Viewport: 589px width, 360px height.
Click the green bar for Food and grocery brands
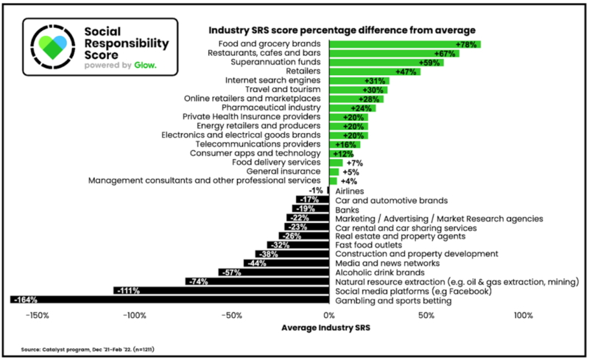click(404, 45)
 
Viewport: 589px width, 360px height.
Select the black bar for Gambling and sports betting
click(169, 300)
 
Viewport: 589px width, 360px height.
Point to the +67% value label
click(445, 54)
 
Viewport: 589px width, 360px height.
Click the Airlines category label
click(350, 191)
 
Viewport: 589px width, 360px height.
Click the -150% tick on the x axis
click(38, 316)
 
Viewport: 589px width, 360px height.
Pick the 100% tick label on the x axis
click(523, 316)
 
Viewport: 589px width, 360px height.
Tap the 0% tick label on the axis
click(329, 316)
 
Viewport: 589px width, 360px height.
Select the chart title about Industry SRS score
click(339, 29)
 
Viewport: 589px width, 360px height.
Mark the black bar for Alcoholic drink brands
click(274, 272)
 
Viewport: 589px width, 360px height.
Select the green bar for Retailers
click(374, 71)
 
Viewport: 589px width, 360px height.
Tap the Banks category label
click(348, 209)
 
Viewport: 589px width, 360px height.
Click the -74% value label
click(197, 281)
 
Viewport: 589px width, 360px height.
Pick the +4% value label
click(350, 180)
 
